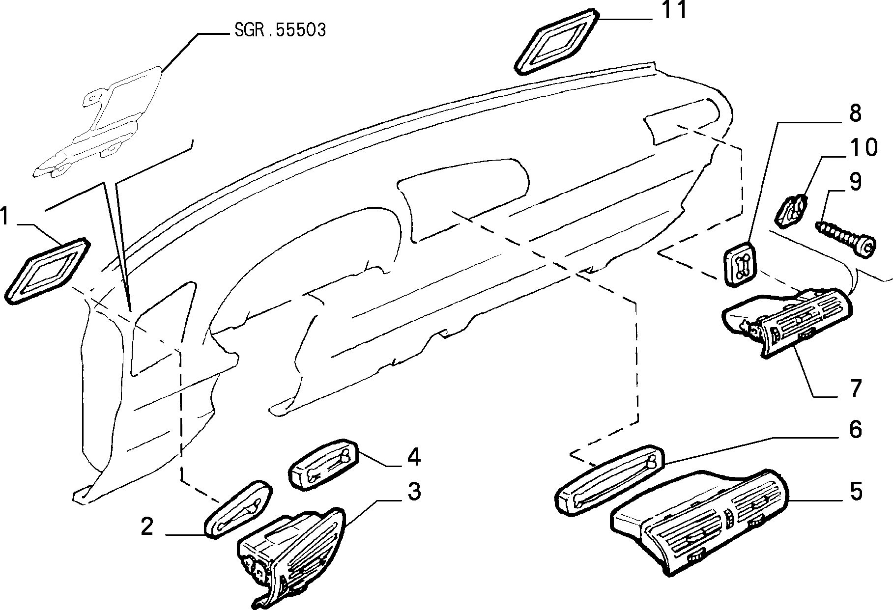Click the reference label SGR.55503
point(280,30)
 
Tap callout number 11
point(673,10)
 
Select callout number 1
point(5,216)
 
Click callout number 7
point(856,388)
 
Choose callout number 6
point(855,429)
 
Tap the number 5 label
point(856,491)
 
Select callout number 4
point(413,457)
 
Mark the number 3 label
point(414,491)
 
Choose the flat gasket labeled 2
point(238,509)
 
